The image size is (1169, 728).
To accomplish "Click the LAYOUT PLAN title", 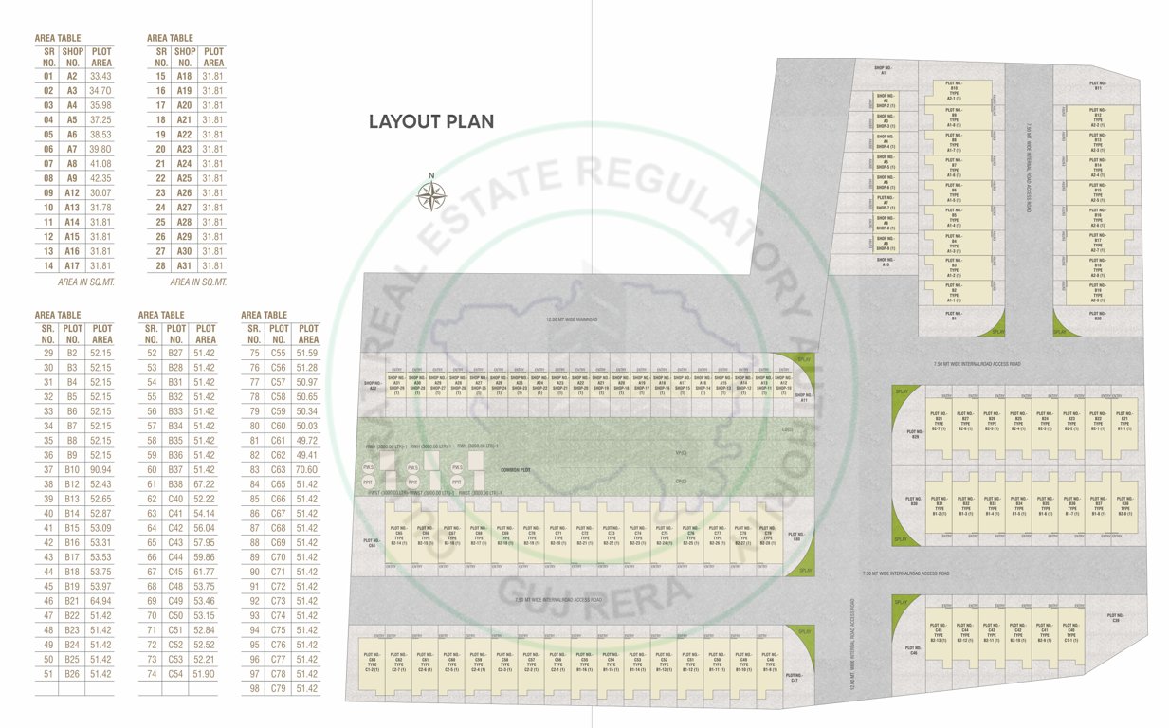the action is point(431,121).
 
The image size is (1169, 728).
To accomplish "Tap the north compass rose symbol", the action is point(431,195).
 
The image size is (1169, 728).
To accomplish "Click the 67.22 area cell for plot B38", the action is point(205,484).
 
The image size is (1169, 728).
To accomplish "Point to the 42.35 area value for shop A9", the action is point(100,178).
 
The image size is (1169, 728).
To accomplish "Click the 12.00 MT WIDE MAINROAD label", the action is point(571,320).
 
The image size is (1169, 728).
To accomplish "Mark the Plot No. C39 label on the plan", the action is point(1116,618).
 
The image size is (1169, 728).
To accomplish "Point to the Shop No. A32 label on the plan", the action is point(373,387).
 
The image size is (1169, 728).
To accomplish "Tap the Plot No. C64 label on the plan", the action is point(372,544).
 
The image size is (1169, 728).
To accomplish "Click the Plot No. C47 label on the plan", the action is point(795,679).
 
